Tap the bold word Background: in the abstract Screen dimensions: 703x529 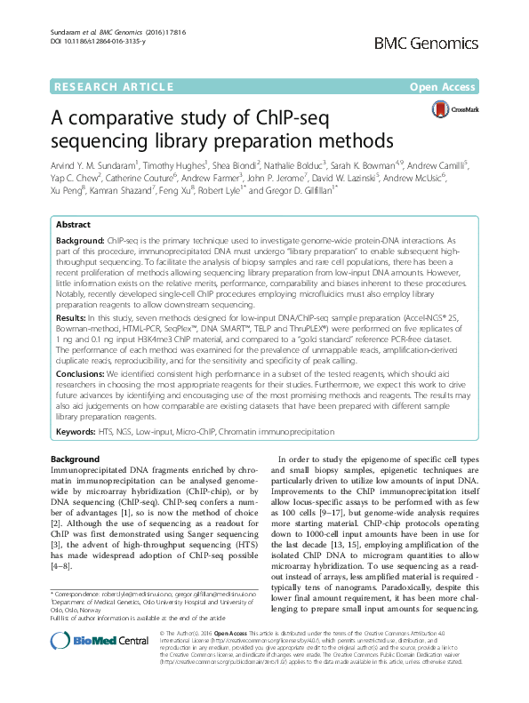[80, 241]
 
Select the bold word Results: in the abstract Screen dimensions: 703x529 [71, 316]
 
